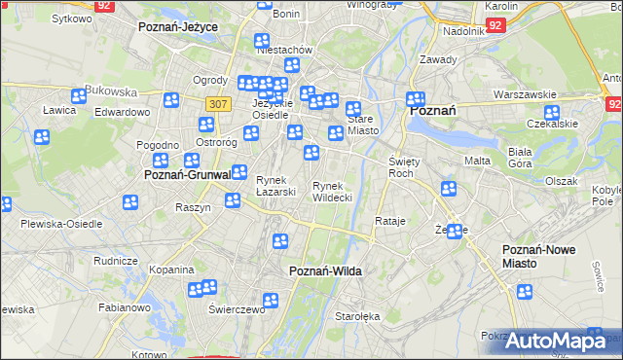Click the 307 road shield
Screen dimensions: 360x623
point(218,103)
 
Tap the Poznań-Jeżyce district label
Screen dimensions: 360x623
point(178,27)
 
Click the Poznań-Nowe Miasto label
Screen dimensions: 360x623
point(538,256)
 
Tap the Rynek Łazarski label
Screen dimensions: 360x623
point(275,185)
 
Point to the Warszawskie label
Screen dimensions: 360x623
point(524,95)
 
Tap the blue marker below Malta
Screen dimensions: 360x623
point(448,188)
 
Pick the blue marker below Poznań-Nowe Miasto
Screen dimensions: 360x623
point(526,291)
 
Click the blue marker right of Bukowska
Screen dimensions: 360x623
point(171,99)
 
